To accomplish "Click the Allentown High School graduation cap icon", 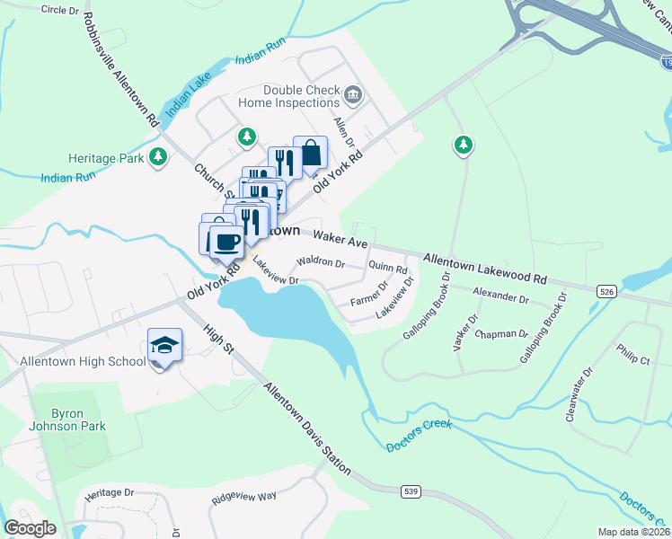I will tap(165, 345).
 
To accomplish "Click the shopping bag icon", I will tap(310, 154).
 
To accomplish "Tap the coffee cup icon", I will tap(225, 243).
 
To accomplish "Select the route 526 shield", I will tap(605, 291).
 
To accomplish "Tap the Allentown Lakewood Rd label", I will tap(484, 268).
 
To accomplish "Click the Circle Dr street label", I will tap(61, 9).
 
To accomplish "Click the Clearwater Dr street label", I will tap(579, 394).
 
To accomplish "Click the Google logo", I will tap(30, 528).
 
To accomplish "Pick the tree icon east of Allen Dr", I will tap(463, 145).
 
